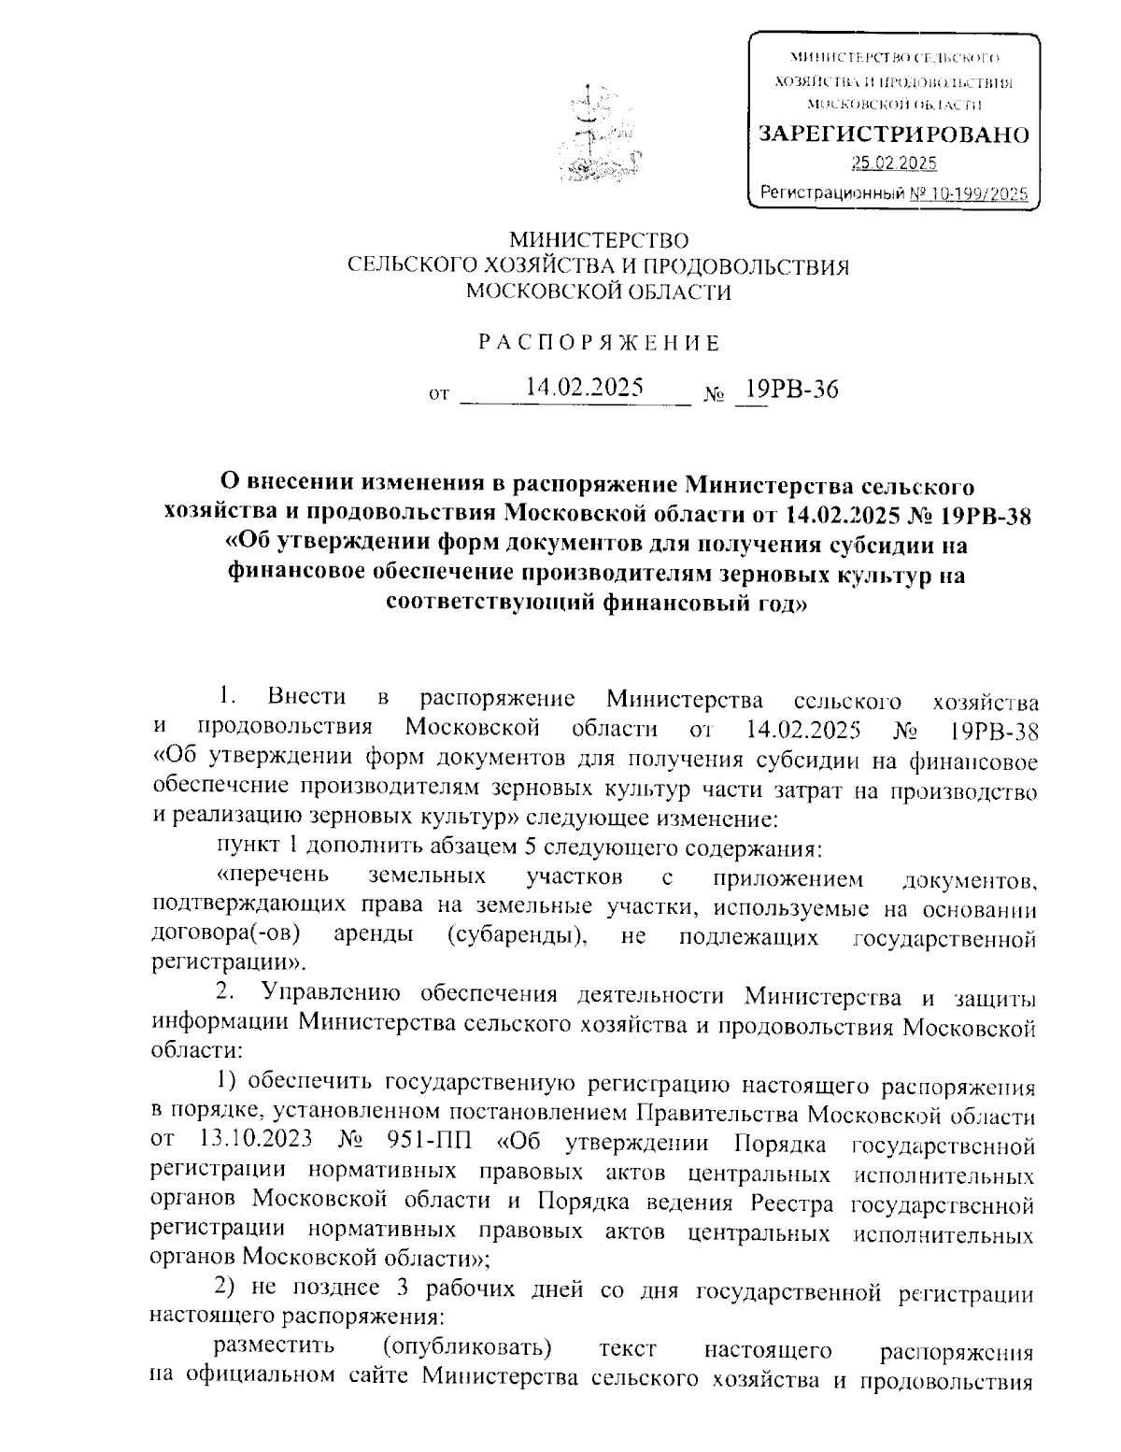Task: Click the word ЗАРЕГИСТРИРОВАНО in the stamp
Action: pos(894,135)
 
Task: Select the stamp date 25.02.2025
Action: pos(893,164)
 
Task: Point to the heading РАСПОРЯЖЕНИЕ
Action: pos(599,343)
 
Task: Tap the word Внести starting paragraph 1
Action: pos(305,697)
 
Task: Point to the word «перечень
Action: pos(272,876)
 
